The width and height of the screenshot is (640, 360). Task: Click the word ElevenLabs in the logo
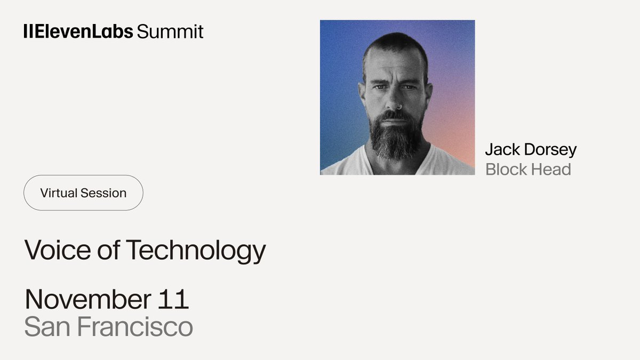[84, 31]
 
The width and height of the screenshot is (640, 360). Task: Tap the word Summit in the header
[170, 31]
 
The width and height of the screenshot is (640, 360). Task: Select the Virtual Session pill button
[83, 193]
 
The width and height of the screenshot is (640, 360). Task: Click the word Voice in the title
[58, 250]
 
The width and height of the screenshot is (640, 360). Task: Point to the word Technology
[196, 251]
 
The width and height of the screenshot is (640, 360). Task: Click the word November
[88, 299]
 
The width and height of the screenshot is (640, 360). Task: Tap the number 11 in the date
[173, 299]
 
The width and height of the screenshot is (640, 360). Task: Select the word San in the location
[47, 326]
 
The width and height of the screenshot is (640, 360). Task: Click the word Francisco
[135, 326]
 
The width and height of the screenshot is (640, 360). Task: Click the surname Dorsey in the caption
[550, 150]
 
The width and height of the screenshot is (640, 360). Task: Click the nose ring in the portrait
[399, 107]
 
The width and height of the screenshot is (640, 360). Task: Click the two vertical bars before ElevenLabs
[28, 31]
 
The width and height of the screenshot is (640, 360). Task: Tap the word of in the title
[108, 250]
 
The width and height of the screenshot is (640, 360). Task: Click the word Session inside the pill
[103, 193]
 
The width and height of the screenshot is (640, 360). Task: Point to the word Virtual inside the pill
[59, 193]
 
